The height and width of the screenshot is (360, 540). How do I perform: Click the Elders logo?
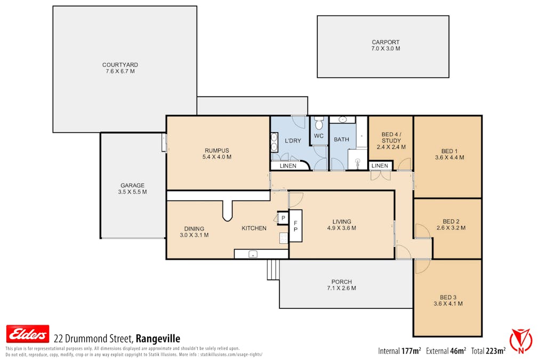click(28, 334)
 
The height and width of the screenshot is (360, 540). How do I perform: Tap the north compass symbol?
click(520, 341)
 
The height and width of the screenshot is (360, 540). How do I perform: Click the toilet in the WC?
click(319, 123)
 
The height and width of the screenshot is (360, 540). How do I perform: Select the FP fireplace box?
click(295, 226)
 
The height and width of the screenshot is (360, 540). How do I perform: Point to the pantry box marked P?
click(283, 218)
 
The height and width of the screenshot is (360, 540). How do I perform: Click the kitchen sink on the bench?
click(253, 254)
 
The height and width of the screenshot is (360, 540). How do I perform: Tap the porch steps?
click(273, 269)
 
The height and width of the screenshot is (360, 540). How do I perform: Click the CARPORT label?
click(385, 42)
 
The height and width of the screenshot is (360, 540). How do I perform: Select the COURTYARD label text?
click(120, 65)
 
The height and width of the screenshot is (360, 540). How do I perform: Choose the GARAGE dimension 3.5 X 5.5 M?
click(133, 192)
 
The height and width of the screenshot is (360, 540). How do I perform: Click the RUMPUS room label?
click(217, 150)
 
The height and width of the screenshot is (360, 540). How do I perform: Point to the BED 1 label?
click(449, 151)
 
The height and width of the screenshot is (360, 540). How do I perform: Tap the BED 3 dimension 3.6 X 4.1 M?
click(448, 303)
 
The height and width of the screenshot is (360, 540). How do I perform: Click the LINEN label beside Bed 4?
click(380, 166)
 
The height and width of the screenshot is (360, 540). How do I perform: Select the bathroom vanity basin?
click(342, 119)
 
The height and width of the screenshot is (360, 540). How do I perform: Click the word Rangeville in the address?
click(158, 339)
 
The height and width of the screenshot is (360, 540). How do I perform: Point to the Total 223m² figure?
click(488, 351)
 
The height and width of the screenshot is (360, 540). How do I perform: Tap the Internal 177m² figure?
click(399, 351)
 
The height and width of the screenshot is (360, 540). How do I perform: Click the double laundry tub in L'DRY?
click(274, 142)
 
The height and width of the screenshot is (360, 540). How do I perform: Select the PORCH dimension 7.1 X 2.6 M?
click(342, 288)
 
